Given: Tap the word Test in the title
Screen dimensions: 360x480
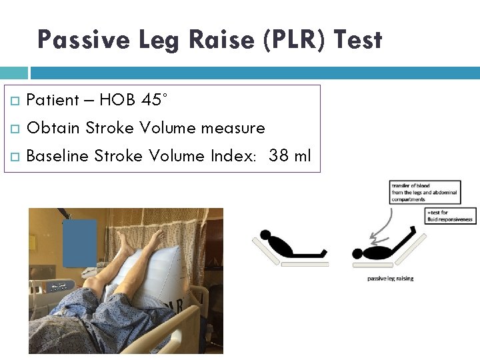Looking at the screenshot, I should [x=358, y=40].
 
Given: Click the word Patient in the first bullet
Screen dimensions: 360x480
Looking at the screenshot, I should [x=53, y=100].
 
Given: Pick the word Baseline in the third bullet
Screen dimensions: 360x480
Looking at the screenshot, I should [x=57, y=156].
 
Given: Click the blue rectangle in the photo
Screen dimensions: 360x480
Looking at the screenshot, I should [x=79, y=243].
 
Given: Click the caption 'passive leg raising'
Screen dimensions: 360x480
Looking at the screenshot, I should [x=390, y=278].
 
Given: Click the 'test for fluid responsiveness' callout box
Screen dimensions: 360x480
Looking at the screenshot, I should [x=451, y=215].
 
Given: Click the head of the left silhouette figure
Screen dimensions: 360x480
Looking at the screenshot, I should [x=266, y=235].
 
